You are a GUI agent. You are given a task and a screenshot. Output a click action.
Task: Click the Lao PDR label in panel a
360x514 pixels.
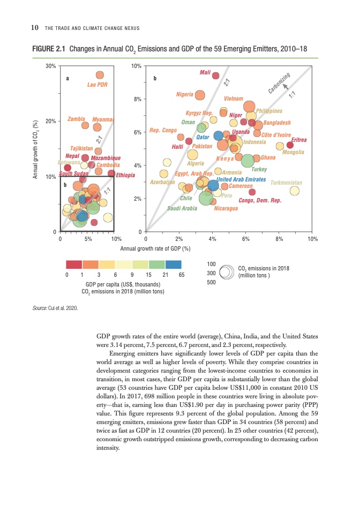pyautogui.click(x=97, y=85)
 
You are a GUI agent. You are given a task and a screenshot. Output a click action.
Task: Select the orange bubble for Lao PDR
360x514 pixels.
pyautogui.click(x=100, y=75)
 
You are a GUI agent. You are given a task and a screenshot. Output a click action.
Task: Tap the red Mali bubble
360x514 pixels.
pyautogui.click(x=215, y=75)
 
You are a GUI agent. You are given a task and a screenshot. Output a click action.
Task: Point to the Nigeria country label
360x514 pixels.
pyautogui.click(x=184, y=94)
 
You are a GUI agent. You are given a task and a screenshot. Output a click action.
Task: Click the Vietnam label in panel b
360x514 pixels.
pyautogui.click(x=234, y=99)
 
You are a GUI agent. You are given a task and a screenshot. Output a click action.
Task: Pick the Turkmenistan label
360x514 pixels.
pyautogui.click(x=287, y=183)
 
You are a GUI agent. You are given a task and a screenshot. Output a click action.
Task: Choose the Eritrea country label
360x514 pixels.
pyautogui.click(x=299, y=139)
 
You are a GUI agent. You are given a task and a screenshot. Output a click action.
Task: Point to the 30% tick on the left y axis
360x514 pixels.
pyautogui.click(x=51, y=66)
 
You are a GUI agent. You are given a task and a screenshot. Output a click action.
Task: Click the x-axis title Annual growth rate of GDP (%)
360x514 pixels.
pyautogui.click(x=155, y=248)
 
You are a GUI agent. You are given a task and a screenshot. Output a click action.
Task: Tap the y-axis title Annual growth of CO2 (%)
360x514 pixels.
pyautogui.click(x=36, y=149)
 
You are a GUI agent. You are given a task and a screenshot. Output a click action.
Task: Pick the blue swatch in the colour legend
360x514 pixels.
pyautogui.click(x=174, y=264)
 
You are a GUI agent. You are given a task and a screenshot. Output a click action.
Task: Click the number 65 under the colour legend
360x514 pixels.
pyautogui.click(x=181, y=274)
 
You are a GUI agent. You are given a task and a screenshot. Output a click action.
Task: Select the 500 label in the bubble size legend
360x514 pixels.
pyautogui.click(x=211, y=281)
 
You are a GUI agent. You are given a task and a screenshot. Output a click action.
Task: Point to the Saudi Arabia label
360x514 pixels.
pyautogui.click(x=183, y=208)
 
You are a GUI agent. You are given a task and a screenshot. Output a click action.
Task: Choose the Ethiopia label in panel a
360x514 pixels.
pyautogui.click(x=125, y=175)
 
